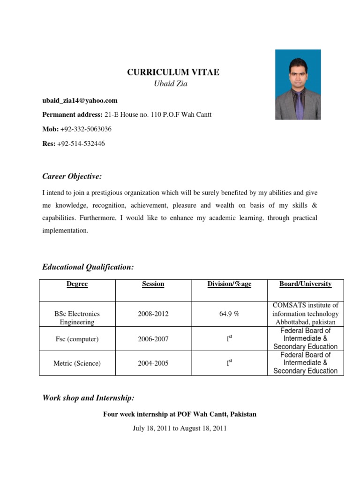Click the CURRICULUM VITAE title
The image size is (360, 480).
pyautogui.click(x=173, y=72)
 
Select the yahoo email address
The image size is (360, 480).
pyautogui.click(x=80, y=100)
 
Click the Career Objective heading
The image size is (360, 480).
pyautogui.click(x=72, y=176)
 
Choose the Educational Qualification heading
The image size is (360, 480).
pyautogui.click(x=88, y=267)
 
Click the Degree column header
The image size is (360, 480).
pyautogui.click(x=77, y=284)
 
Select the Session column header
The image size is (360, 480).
pyautogui.click(x=153, y=284)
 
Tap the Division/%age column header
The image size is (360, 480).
pyautogui.click(x=229, y=284)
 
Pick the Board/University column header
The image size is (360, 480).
pyautogui.click(x=305, y=284)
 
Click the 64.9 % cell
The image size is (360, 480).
pyautogui.click(x=229, y=314)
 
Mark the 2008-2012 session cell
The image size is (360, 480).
pyautogui.click(x=153, y=314)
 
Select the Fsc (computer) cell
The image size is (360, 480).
pyautogui.click(x=77, y=338)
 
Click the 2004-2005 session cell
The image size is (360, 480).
pyautogui.click(x=153, y=363)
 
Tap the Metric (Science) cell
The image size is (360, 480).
pyautogui.click(x=77, y=363)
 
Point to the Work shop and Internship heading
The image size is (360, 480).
pyautogui.click(x=88, y=398)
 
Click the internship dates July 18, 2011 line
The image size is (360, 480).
pyautogui.click(x=180, y=428)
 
